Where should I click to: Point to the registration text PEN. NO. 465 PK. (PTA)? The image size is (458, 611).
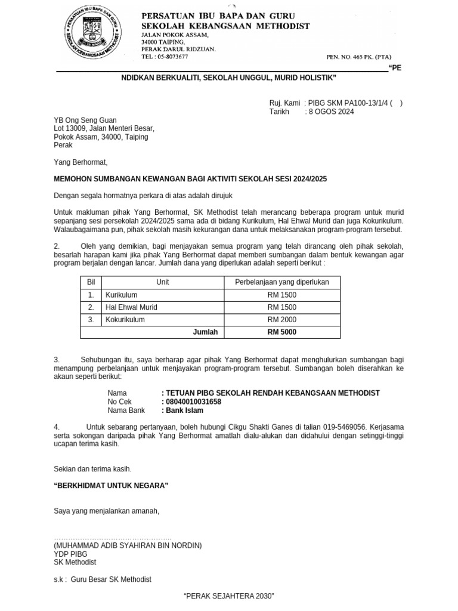356,57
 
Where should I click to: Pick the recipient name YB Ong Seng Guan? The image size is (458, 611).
85,120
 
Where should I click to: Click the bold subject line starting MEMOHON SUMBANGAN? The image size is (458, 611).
190,179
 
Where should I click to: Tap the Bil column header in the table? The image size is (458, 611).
91,282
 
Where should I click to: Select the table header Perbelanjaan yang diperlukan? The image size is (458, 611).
281,282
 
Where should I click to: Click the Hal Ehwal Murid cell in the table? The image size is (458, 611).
131,307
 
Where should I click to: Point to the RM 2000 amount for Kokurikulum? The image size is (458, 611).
281,320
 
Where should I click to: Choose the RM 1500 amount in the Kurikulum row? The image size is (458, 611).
281,295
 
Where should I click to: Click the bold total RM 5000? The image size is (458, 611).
281,332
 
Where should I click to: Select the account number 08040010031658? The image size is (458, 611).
193,402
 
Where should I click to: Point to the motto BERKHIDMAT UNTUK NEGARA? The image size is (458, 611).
111,486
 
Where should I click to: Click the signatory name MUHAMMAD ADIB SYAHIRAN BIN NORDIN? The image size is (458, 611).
128,545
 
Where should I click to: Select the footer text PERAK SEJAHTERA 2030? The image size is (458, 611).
228,597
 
